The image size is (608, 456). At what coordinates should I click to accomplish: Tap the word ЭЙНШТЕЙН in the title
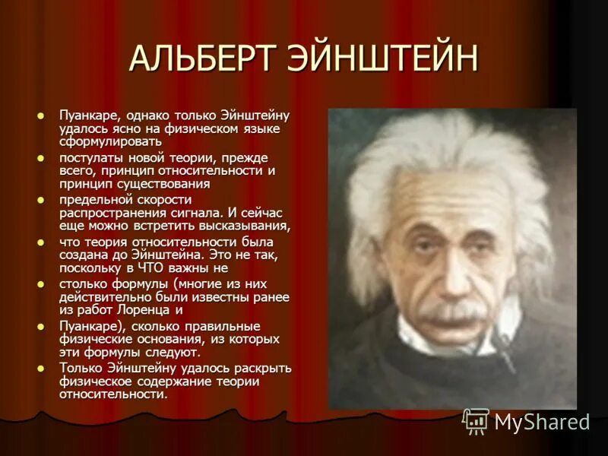click(388, 59)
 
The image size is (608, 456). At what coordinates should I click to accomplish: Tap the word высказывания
click(242, 226)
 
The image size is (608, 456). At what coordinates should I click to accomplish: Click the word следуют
click(176, 352)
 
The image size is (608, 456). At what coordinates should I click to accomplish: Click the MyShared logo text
click(542, 423)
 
